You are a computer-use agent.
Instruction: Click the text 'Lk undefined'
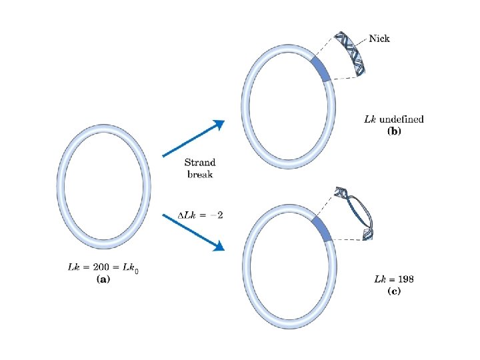(393, 119)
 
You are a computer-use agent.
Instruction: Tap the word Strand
(200, 163)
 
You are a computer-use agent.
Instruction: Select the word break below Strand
(200, 174)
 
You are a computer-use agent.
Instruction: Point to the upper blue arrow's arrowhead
(218, 125)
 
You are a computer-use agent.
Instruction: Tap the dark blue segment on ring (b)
(321, 69)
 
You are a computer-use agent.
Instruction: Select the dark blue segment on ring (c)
(322, 227)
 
